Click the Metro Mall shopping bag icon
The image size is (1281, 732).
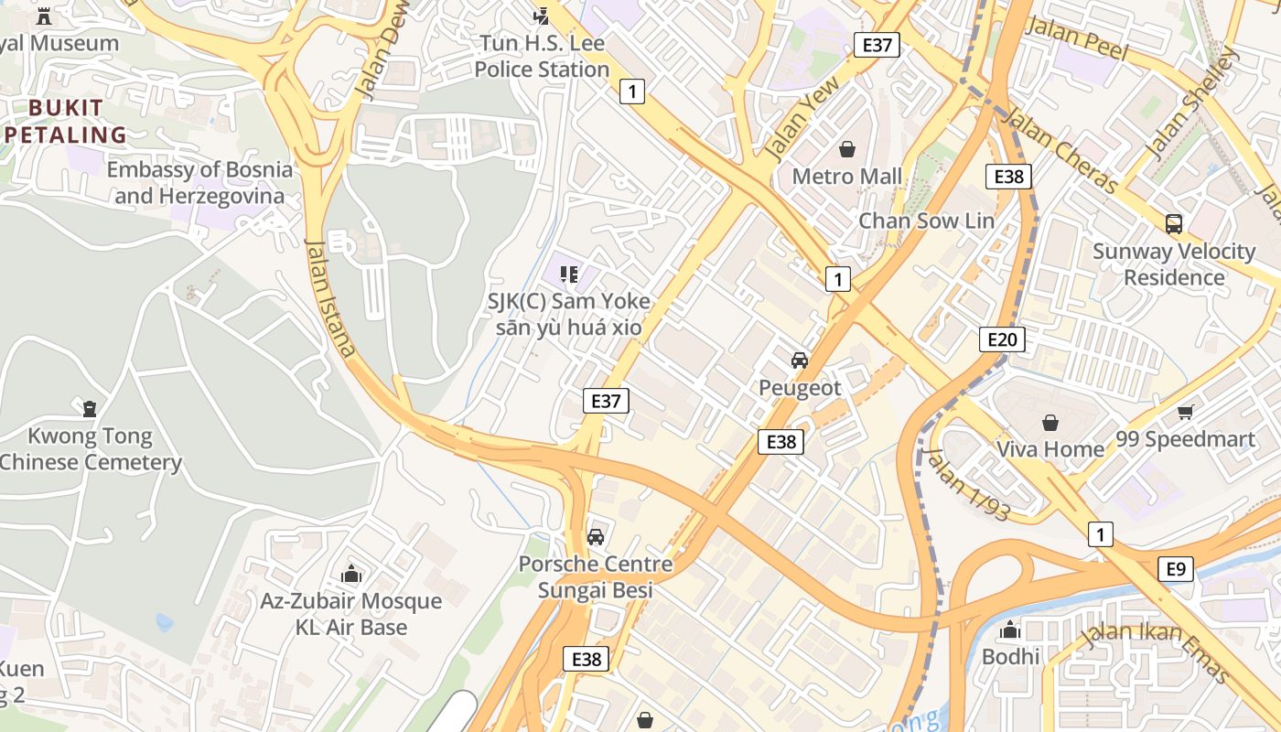[x=847, y=148]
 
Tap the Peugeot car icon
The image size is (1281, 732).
[x=800, y=360]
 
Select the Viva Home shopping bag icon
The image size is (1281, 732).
[x=1050, y=423]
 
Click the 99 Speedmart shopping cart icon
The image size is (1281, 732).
[x=1186, y=413]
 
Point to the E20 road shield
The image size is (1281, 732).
[x=1002, y=340]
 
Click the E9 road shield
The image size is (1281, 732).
[x=1176, y=569]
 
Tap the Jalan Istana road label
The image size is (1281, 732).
[x=329, y=297]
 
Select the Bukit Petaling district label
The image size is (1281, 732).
[x=66, y=122]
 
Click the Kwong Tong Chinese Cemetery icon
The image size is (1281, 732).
[x=90, y=408]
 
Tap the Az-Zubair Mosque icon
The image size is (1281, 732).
[x=351, y=575]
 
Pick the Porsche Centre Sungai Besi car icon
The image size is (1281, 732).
[x=596, y=537]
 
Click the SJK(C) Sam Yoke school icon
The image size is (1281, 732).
[x=569, y=274]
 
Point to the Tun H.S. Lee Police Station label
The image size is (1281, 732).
[x=542, y=56]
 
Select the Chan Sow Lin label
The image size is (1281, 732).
[x=926, y=221]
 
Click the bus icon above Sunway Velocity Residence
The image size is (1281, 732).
[x=1174, y=223]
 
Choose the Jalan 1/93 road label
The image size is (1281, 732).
[x=967, y=485]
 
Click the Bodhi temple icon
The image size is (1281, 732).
[x=1010, y=630]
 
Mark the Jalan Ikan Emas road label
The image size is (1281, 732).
[x=1155, y=651]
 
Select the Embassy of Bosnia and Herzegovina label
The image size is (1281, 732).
[x=199, y=182]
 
